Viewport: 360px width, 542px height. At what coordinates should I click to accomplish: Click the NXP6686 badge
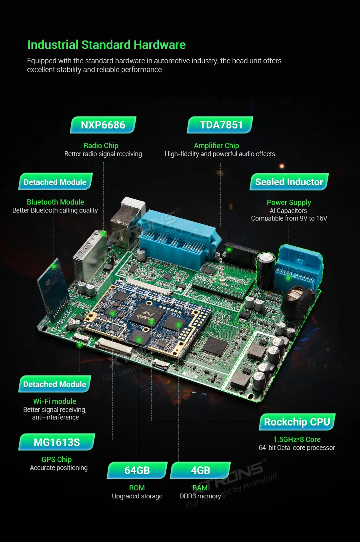pos(103,125)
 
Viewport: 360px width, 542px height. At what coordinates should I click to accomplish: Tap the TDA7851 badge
pos(220,125)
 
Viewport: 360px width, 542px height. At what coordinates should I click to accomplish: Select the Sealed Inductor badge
pos(289,182)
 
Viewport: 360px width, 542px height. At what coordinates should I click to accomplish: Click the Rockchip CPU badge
pos(297,422)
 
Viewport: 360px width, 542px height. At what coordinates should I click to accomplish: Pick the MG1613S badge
pos(57,442)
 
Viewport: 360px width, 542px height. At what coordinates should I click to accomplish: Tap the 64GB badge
pos(137,470)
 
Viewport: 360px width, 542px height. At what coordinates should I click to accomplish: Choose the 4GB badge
pos(200,470)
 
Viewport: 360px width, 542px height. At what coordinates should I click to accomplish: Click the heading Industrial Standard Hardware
pos(107,45)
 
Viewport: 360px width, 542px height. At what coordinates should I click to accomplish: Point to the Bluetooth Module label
pos(55,202)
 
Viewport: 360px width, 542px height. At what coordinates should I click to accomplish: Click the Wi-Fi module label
pos(55,401)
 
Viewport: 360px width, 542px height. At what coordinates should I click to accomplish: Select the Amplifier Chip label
pos(216,146)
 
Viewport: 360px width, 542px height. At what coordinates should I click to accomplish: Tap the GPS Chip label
pos(56,459)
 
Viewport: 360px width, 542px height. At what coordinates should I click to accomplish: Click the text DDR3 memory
pos(200,496)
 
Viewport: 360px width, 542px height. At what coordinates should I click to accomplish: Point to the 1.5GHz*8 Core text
pos(297,439)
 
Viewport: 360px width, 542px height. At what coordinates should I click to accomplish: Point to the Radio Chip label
pos(101,146)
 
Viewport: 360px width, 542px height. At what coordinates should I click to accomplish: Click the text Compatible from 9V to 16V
pos(289,218)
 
